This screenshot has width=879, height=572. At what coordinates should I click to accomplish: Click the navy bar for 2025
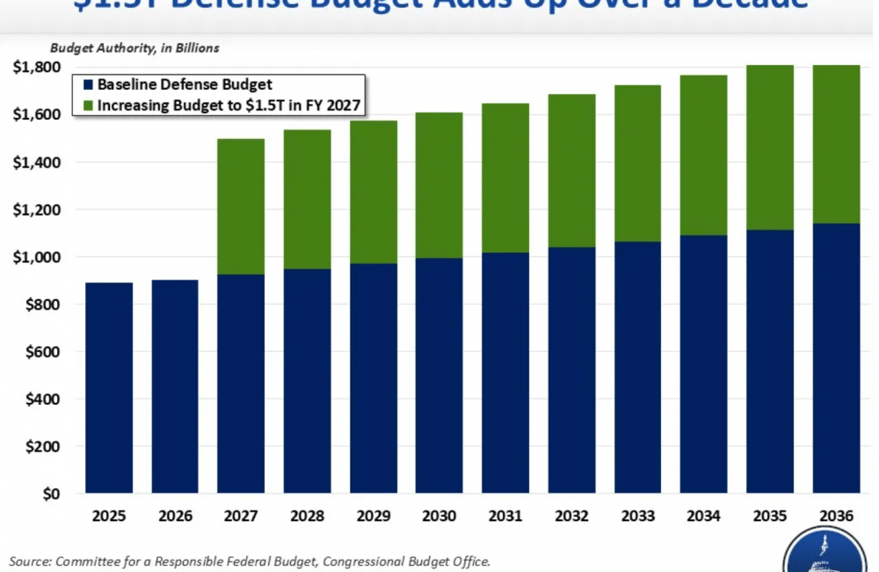(x=109, y=387)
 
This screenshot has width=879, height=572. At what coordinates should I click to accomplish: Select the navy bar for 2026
(x=175, y=386)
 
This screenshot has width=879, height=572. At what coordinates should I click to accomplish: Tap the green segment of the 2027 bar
(x=241, y=207)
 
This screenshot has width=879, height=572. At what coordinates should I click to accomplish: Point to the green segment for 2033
(x=638, y=163)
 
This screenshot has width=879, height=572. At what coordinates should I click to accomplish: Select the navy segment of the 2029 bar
(x=374, y=378)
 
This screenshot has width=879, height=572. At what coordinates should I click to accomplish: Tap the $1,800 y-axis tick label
(x=35, y=67)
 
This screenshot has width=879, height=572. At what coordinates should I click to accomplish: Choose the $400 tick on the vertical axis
(x=40, y=400)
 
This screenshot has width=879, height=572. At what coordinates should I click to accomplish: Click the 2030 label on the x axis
(x=439, y=515)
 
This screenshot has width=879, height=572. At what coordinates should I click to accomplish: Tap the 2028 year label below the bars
(x=307, y=515)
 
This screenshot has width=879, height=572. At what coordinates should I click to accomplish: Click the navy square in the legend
(x=86, y=85)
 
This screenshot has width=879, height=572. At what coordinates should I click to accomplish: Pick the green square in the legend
(x=86, y=106)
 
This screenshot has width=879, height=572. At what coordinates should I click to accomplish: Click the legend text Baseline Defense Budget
(x=185, y=85)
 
